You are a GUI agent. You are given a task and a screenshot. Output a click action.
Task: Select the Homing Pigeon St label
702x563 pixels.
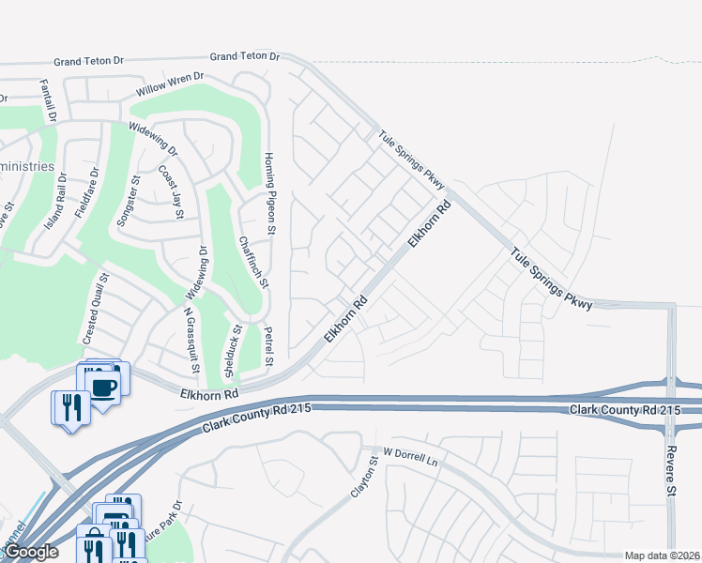269,192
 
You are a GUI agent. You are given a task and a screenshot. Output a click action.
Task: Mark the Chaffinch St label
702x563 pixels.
253,262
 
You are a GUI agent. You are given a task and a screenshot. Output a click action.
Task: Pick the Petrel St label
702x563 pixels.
268,346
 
